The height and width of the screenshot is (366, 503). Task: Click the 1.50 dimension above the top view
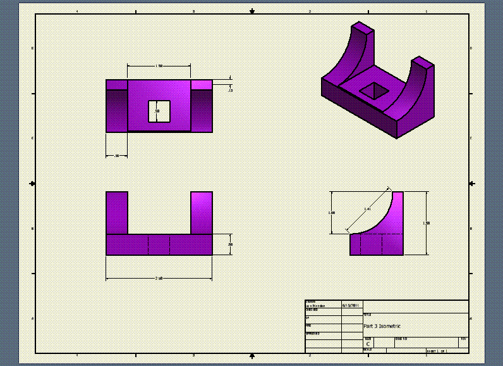(x=159, y=66)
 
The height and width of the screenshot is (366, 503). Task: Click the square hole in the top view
(x=159, y=111)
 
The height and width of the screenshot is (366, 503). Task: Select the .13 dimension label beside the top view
(x=230, y=91)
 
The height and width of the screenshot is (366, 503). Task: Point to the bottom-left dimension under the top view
(x=116, y=155)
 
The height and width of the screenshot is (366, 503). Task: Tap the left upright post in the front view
(x=117, y=212)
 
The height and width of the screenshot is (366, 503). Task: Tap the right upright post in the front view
(x=201, y=212)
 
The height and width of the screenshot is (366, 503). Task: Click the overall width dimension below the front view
(x=159, y=278)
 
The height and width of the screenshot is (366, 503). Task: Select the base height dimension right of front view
(x=230, y=244)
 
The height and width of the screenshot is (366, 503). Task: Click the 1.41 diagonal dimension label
(x=368, y=209)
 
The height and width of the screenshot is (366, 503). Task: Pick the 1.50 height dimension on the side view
(x=426, y=223)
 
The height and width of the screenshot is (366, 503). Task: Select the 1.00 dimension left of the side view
(x=332, y=213)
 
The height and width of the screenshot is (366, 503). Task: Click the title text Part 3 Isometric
(x=382, y=326)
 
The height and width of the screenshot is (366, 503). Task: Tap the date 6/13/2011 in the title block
(x=351, y=305)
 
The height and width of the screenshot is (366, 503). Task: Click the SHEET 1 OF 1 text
(x=437, y=350)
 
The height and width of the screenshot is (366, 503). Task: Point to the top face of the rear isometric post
(x=363, y=27)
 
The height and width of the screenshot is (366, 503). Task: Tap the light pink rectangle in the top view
(x=201, y=84)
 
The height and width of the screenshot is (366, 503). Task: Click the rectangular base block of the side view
(x=376, y=244)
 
